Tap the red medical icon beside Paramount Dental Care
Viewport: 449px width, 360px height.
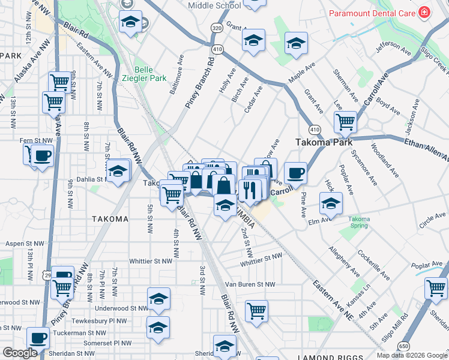[425, 12]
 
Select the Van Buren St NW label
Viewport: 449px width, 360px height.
[250, 284]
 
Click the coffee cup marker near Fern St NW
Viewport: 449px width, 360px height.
[42, 156]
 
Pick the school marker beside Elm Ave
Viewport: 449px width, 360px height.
[330, 203]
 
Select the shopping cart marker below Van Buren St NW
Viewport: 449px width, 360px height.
[256, 311]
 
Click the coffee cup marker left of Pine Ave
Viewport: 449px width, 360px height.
[295, 173]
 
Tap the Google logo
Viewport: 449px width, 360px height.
[20, 353]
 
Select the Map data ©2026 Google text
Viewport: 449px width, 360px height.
[411, 355]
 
